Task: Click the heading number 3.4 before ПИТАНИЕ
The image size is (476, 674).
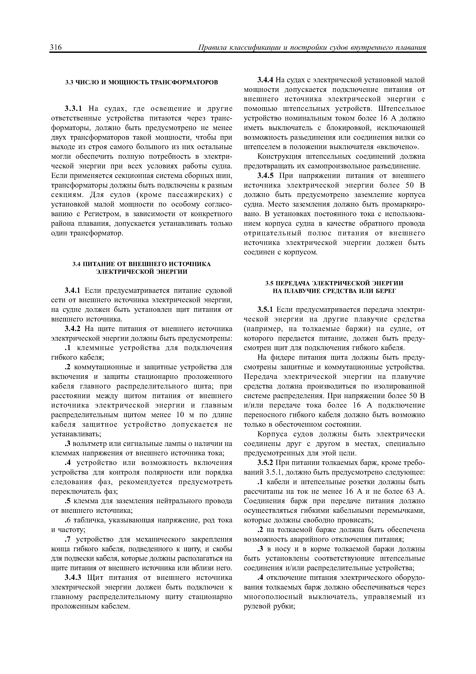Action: pyautogui.click(x=76, y=264)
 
